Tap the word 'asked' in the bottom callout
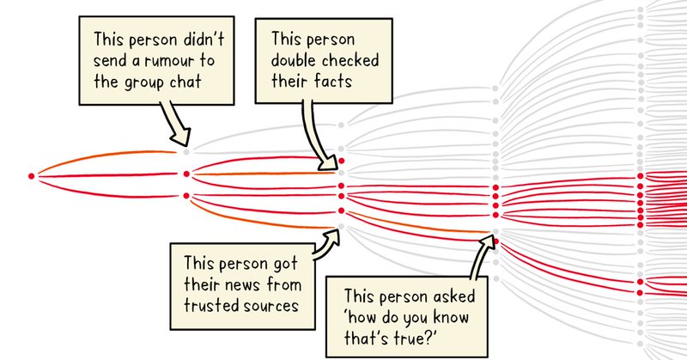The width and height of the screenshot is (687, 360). click(458, 292)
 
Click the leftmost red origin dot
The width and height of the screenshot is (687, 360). click(32, 175)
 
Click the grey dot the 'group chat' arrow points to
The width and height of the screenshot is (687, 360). click(186, 151)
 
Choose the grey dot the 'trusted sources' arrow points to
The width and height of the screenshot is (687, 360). click(341, 227)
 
